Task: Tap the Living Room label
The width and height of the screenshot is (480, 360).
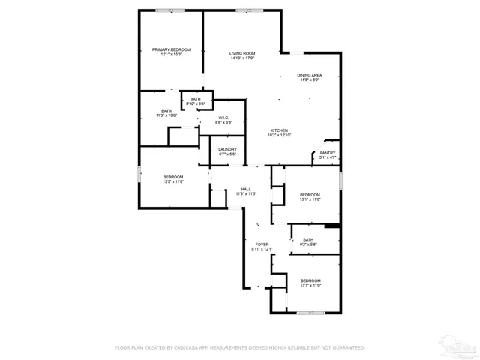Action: pos(242,53)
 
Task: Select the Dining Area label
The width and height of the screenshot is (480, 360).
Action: pos(310,75)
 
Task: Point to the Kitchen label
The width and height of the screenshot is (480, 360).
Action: pos(280,130)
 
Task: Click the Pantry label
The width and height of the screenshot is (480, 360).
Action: pos(328,153)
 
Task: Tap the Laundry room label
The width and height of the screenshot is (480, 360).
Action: pos(227,149)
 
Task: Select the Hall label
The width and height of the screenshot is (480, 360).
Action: pos(246,189)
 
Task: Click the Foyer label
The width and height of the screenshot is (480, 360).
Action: pos(262,244)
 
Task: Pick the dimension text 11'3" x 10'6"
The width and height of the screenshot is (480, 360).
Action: pos(166,115)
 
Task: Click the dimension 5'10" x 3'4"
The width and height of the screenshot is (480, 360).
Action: pos(195,104)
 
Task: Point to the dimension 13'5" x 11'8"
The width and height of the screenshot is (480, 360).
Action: pos(173,181)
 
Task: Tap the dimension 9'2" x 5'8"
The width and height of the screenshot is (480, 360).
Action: pos(308,244)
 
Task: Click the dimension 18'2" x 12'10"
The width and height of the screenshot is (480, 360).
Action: pos(280,136)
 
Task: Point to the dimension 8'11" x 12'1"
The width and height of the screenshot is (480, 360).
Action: pos(262,250)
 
